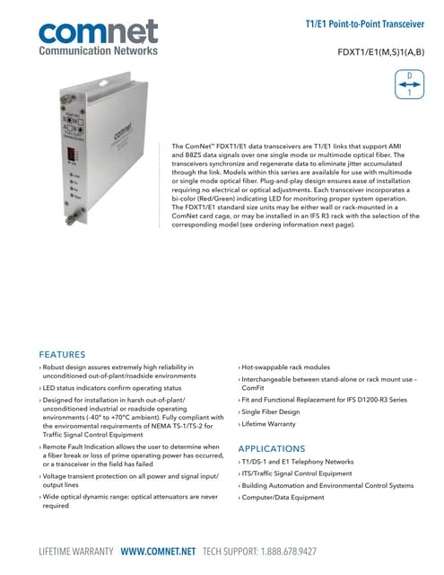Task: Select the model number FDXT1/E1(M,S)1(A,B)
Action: pos(380,52)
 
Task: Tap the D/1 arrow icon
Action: pos(409,83)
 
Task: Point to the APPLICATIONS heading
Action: pos(273,447)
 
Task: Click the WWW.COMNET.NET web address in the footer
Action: pos(160,550)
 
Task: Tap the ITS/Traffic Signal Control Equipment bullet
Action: pos(297,473)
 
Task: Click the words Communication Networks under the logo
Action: pos(98,51)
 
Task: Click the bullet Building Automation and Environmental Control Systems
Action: pos(326,485)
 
